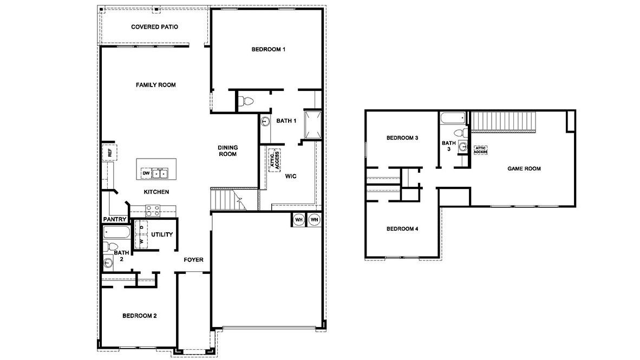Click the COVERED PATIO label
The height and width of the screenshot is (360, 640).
coord(155,27)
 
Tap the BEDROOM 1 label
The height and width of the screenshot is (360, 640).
coord(268,49)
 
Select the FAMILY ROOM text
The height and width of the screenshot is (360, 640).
coord(155,85)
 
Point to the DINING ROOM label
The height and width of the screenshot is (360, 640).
coord(228,150)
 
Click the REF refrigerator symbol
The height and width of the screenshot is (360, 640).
coord(109,153)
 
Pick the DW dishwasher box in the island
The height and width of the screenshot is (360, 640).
coord(146,173)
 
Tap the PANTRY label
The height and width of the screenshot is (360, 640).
coord(115,219)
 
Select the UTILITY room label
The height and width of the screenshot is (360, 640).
coord(162,234)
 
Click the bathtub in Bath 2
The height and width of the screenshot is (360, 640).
coord(116,233)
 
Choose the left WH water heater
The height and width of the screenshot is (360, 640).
coord(298,220)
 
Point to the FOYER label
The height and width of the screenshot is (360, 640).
coord(193,260)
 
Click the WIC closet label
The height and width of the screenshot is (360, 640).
coord(290,176)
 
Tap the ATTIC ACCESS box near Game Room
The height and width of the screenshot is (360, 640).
coord(481,150)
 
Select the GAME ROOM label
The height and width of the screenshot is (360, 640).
coord(524,169)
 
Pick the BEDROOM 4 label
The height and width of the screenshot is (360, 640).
coord(402,228)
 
